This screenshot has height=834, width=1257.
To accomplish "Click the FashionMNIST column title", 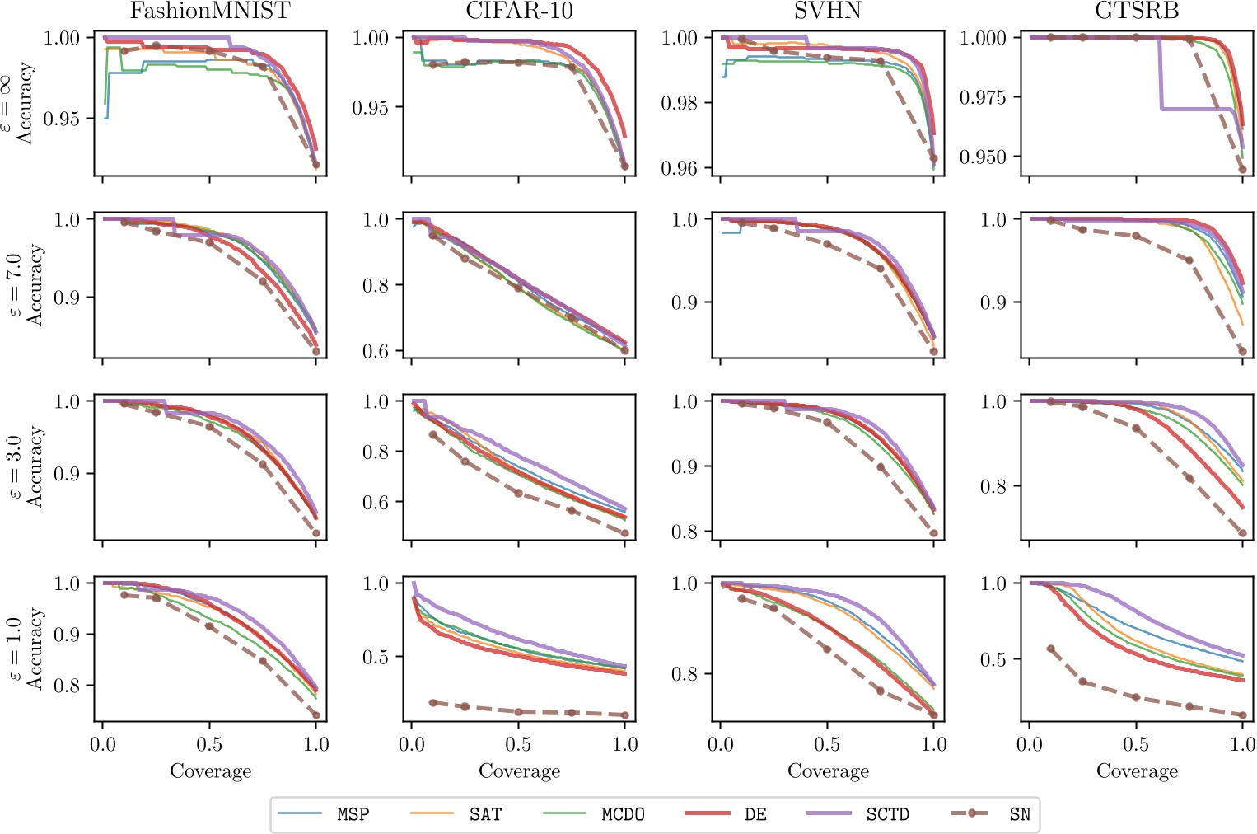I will point(210,12).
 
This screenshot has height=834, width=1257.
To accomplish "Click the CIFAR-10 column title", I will point(519,12).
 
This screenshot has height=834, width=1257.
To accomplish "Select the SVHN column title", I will point(827,12).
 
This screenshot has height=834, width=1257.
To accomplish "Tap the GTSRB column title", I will point(1137,12).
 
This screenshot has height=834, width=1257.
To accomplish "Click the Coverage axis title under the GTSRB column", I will point(1137,771).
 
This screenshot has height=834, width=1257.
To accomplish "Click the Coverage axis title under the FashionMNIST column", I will point(210,771).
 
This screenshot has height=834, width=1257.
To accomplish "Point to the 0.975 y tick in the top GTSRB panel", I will point(984,97).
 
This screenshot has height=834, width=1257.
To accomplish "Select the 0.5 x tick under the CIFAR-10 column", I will point(518,744).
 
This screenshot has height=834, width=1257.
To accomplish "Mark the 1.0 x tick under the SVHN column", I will point(933,744).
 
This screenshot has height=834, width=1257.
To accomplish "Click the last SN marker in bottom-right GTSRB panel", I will point(1243,715).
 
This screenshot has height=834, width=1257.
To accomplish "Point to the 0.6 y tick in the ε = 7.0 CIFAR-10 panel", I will point(376,351).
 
